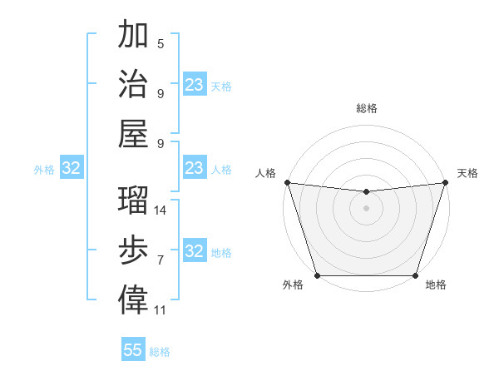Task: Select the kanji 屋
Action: (x=133, y=133)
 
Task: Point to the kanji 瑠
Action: (x=133, y=200)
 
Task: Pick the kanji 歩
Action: (x=133, y=250)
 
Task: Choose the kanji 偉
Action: (x=133, y=299)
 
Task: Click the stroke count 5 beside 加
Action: (x=161, y=44)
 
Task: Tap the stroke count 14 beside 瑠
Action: (x=161, y=210)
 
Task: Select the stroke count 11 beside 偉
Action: (x=161, y=310)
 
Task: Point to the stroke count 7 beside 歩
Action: (x=161, y=260)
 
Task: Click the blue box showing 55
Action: (x=133, y=350)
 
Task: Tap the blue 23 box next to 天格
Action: (x=195, y=85)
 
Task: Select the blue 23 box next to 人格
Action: (x=195, y=169)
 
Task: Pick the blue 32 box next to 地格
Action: (x=195, y=252)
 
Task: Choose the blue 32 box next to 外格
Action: (x=72, y=169)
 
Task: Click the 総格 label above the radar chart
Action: (x=366, y=108)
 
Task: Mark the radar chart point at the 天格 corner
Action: (x=445, y=182)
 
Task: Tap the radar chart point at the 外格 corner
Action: (x=317, y=275)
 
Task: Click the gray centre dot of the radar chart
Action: (x=366, y=208)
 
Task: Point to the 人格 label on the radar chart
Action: (x=266, y=173)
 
